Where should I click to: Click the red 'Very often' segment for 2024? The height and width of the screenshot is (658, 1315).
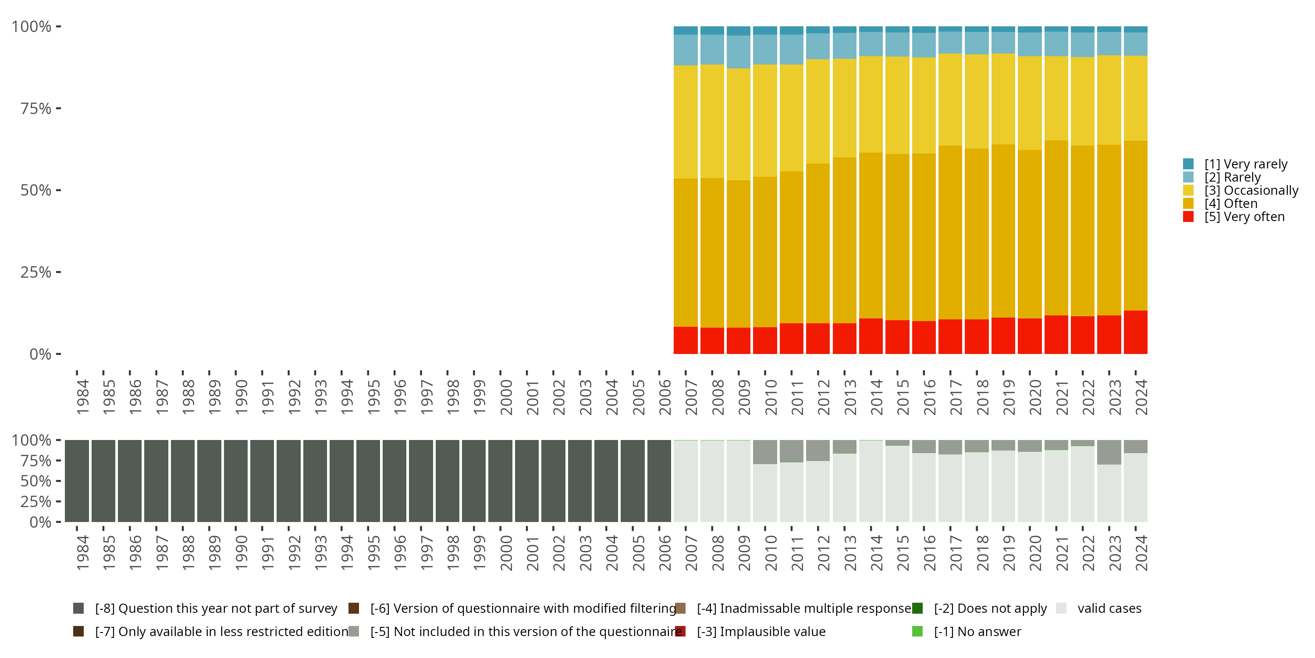[x=1135, y=332]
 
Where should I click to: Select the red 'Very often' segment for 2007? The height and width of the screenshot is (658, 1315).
[x=686, y=340]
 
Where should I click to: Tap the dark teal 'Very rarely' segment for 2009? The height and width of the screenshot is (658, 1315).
[x=738, y=31]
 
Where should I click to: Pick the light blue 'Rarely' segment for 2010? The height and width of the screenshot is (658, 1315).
[x=765, y=50]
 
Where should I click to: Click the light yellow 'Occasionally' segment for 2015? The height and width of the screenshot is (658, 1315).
[x=897, y=105]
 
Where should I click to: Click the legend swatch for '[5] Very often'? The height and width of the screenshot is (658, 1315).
[x=1188, y=217]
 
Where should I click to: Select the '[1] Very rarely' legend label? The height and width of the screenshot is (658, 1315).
[x=1246, y=164]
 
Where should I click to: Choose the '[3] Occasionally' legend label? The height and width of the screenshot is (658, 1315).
[x=1251, y=190]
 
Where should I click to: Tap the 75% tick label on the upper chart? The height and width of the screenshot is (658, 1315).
[x=36, y=108]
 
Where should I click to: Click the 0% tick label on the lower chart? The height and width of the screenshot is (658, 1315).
[x=40, y=522]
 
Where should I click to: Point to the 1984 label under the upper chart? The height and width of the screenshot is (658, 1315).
[x=82, y=397]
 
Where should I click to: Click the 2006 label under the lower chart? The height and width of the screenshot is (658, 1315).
[x=665, y=553]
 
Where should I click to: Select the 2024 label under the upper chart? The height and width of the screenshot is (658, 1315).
[x=1141, y=397]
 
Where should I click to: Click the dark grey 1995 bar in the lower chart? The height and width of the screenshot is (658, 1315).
[x=368, y=481]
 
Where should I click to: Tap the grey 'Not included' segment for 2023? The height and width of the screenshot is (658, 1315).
[x=1109, y=452]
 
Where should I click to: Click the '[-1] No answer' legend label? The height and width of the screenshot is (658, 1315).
[x=977, y=632]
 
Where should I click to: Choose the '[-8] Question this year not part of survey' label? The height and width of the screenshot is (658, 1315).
[x=216, y=608]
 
